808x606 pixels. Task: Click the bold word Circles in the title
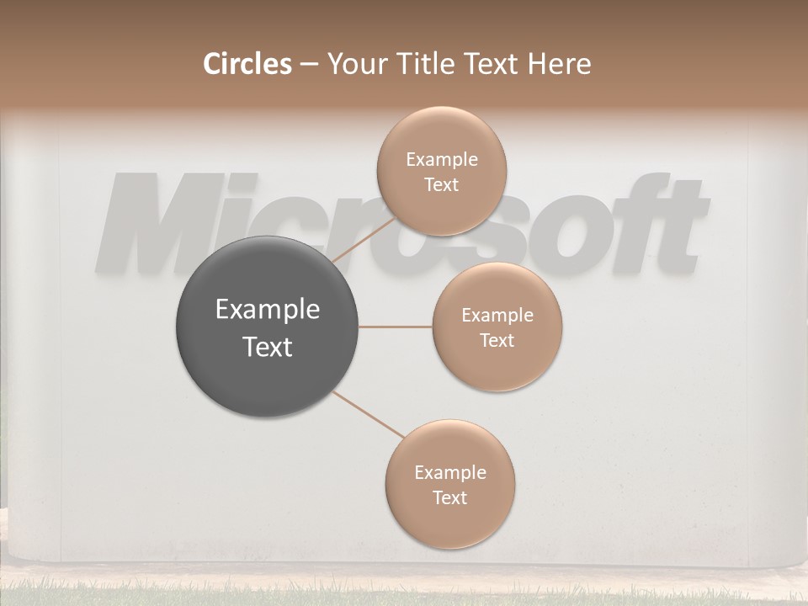coord(247,64)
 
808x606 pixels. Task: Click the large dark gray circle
coord(268,327)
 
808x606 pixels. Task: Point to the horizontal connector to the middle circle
coord(396,327)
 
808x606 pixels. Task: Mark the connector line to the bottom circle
coord(369,414)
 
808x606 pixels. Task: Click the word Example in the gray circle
coord(268,310)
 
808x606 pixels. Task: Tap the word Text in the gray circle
coord(268,347)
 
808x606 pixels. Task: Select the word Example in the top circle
coord(441,159)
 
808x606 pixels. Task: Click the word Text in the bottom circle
coord(449,497)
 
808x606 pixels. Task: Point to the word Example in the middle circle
coord(497,316)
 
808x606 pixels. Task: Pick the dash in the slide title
coord(309,65)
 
